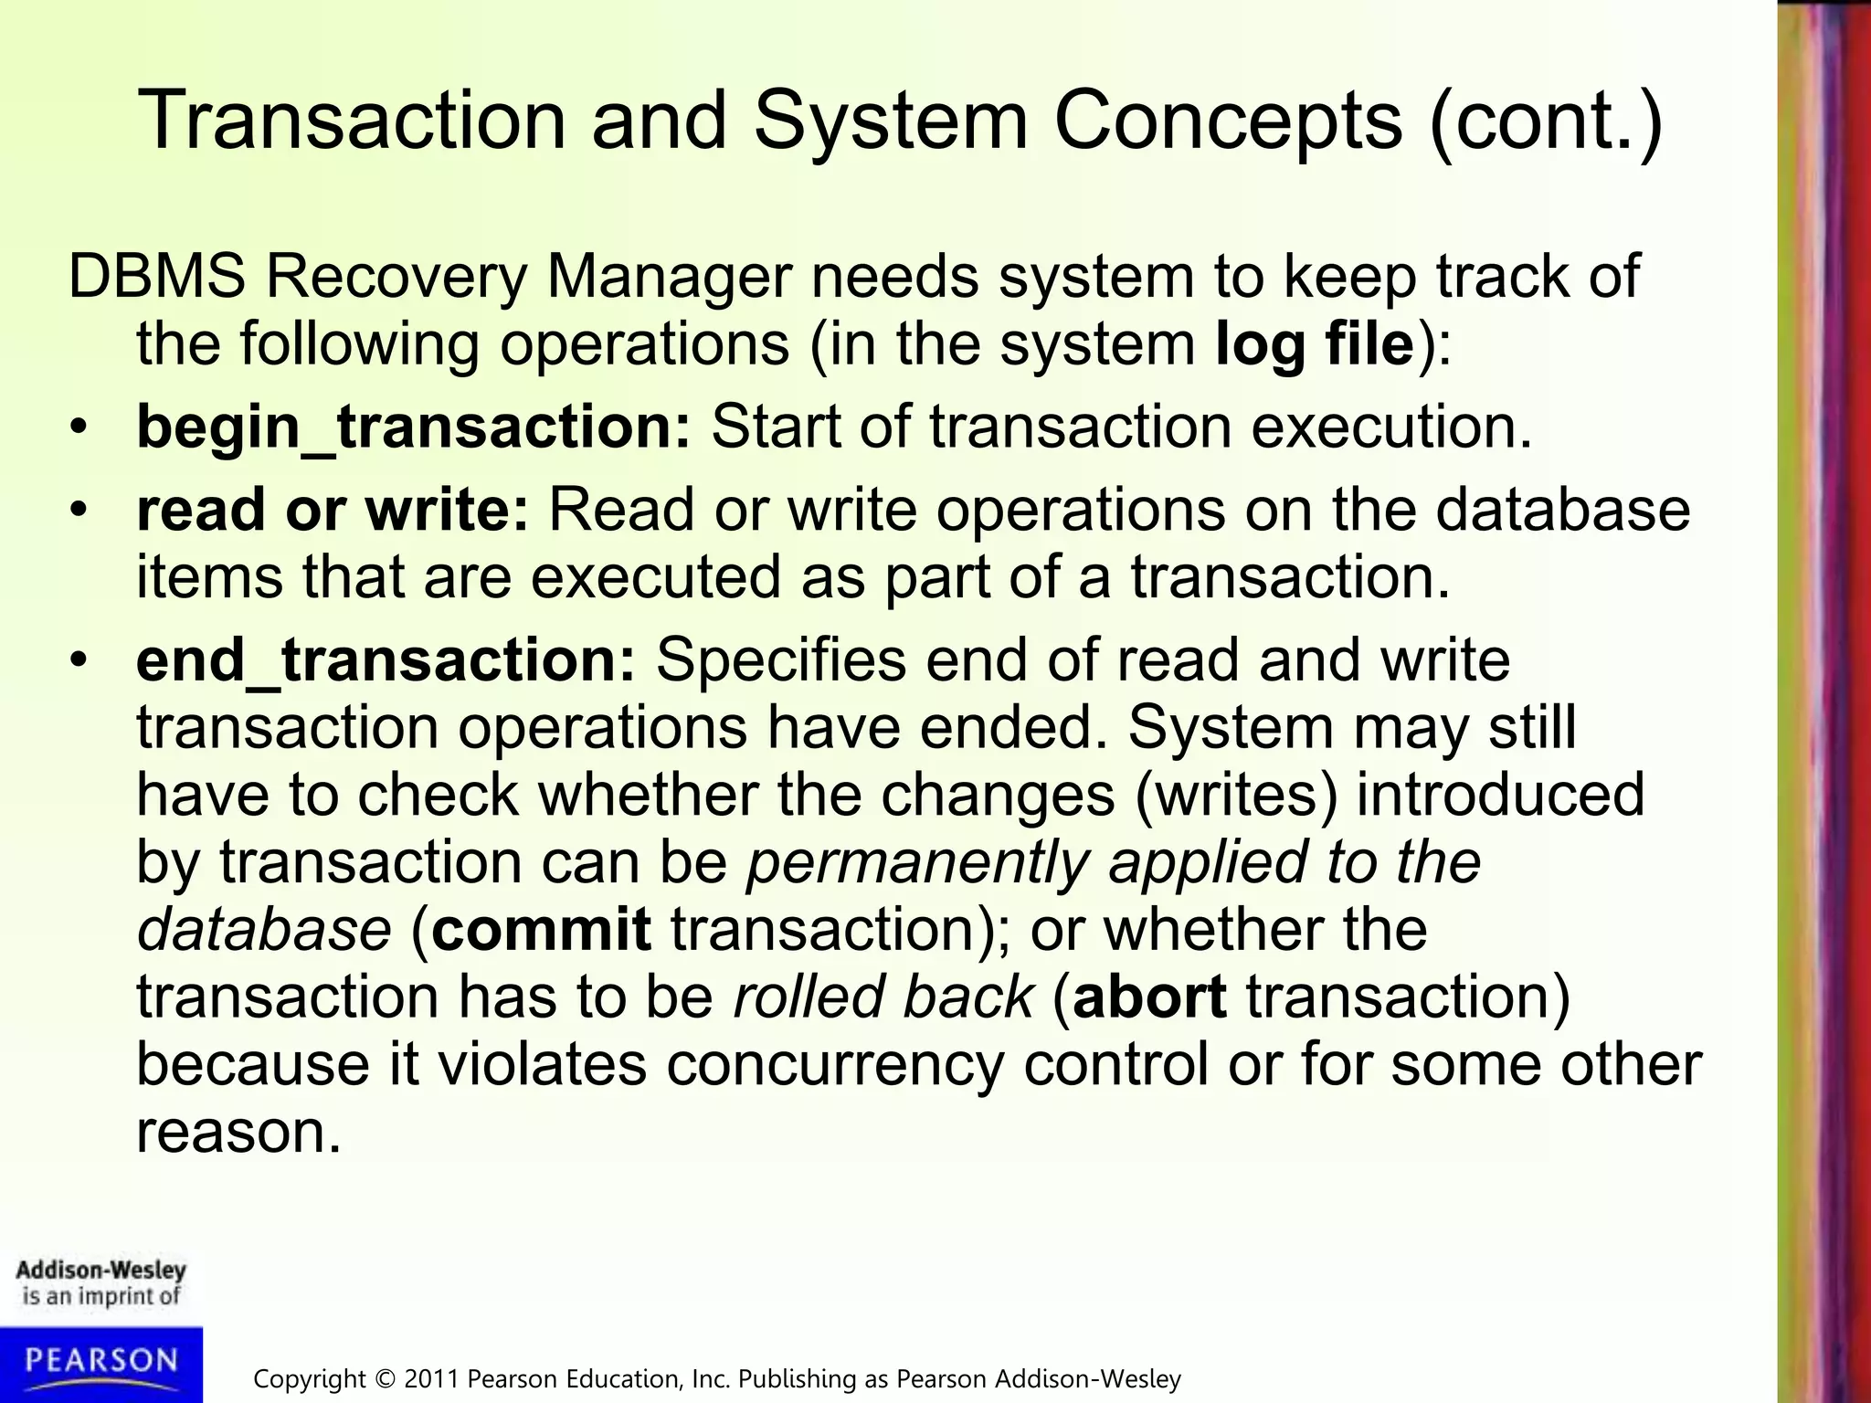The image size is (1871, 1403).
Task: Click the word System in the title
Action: pyautogui.click(x=890, y=121)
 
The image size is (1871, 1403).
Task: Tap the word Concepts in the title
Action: pyautogui.click(x=1227, y=121)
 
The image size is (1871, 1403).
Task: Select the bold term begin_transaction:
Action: pyautogui.click(x=414, y=427)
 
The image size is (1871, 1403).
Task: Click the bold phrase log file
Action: pyautogui.click(x=1315, y=344)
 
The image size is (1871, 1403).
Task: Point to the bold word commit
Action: pyautogui.click(x=541, y=929)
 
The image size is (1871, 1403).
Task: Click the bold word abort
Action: pyautogui.click(x=1149, y=997)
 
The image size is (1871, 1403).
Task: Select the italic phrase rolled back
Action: pyautogui.click(x=883, y=997)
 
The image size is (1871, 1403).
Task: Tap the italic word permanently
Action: pyautogui.click(x=917, y=862)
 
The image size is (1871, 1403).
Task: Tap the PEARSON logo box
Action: pyautogui.click(x=100, y=1363)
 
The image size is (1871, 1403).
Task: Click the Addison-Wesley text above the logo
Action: pyautogui.click(x=100, y=1271)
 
